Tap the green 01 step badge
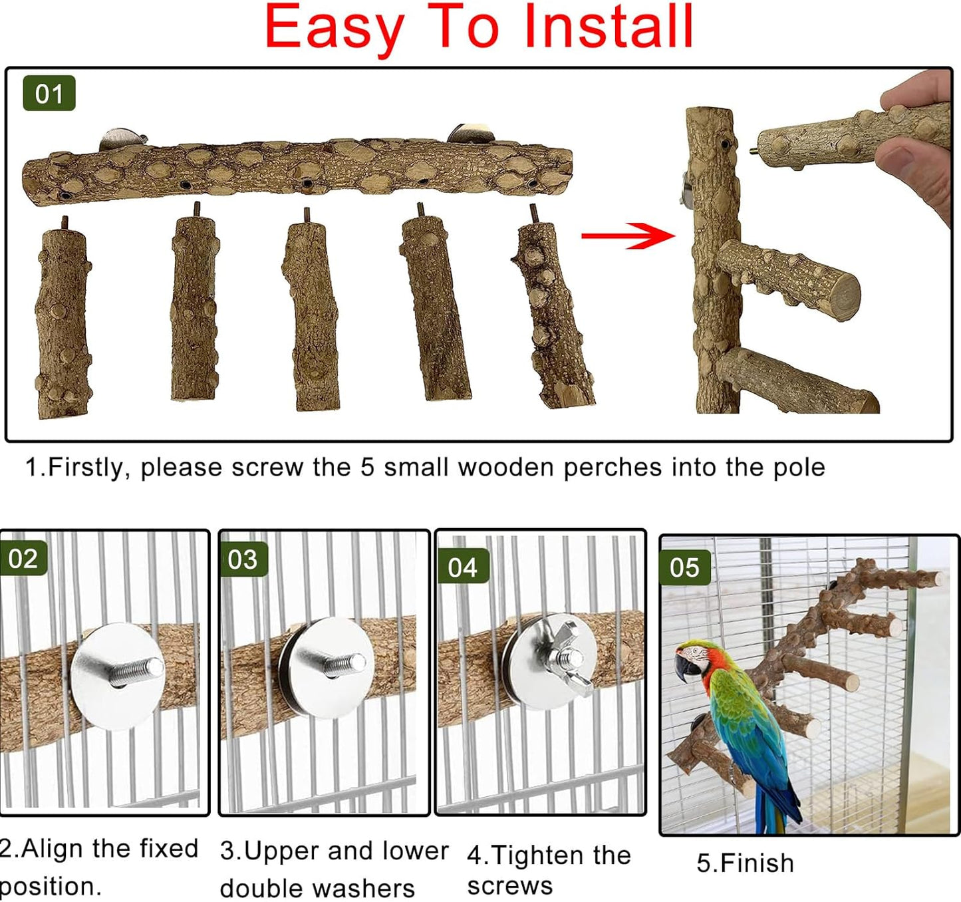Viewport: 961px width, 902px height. [49, 94]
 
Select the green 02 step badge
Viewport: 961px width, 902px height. [23, 558]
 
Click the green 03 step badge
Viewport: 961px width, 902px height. [243, 559]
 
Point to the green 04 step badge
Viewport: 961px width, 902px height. [463, 567]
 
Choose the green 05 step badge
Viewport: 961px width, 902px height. [684, 567]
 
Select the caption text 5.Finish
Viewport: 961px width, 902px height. [745, 863]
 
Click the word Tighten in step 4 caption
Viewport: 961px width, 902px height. [541, 855]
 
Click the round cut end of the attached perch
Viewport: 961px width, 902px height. [839, 293]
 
